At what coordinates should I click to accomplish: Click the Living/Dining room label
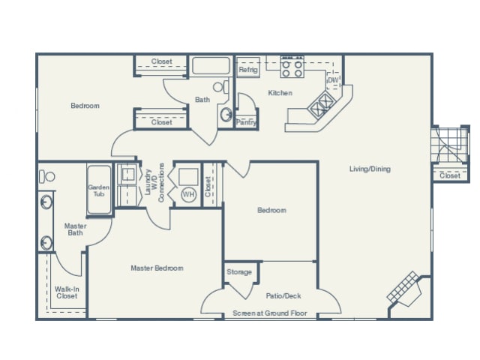[x=369, y=169]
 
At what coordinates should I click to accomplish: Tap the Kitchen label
[x=280, y=93]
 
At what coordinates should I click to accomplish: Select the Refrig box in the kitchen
[x=247, y=70]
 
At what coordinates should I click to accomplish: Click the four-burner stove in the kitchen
[x=291, y=69]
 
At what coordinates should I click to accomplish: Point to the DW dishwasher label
[x=333, y=79]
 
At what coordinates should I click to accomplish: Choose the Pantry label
[x=245, y=121]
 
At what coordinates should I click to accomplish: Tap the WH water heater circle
[x=188, y=194]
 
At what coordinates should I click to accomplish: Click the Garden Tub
[x=99, y=190]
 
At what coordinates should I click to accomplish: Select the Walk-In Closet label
[x=67, y=292]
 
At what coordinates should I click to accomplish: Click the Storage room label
[x=239, y=271]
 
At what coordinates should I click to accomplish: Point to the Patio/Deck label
[x=283, y=295]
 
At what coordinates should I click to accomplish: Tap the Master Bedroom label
[x=157, y=268]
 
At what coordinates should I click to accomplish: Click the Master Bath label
[x=75, y=229]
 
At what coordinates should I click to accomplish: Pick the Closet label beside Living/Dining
[x=449, y=175]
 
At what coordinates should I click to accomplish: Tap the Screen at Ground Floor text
[x=271, y=313]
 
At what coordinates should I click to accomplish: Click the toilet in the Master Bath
[x=48, y=177]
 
